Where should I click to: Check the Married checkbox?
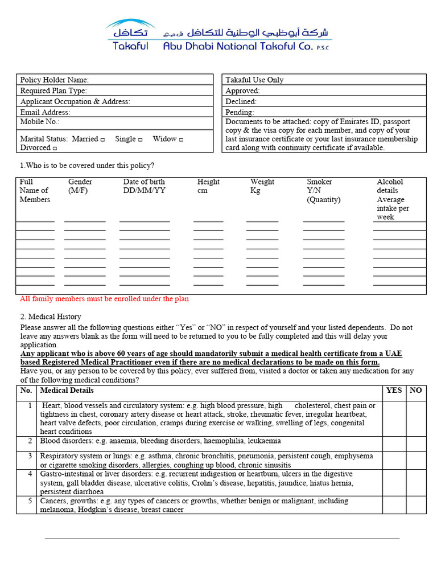point(102,139)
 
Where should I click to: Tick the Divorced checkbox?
point(55,149)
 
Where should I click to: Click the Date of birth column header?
point(144,186)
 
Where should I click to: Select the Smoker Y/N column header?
point(323,191)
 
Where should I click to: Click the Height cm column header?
point(208,186)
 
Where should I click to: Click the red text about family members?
point(104,299)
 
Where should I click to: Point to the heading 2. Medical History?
point(51,317)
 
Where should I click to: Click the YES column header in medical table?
point(394,391)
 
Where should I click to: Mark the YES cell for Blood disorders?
point(394,444)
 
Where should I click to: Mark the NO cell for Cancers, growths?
point(416,505)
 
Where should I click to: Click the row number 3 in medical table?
point(30,456)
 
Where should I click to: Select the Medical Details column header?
point(67,391)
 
